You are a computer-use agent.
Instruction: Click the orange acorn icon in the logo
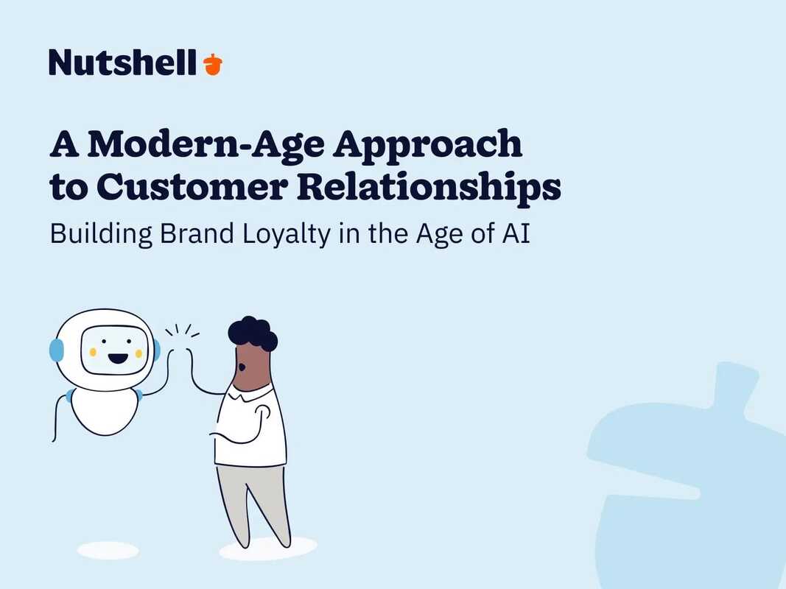click(x=212, y=64)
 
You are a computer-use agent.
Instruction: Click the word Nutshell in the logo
click(x=123, y=63)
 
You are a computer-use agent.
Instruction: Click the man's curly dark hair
click(x=252, y=333)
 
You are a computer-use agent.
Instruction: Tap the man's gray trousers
click(x=254, y=501)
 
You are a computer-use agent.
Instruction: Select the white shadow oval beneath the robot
click(x=108, y=550)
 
